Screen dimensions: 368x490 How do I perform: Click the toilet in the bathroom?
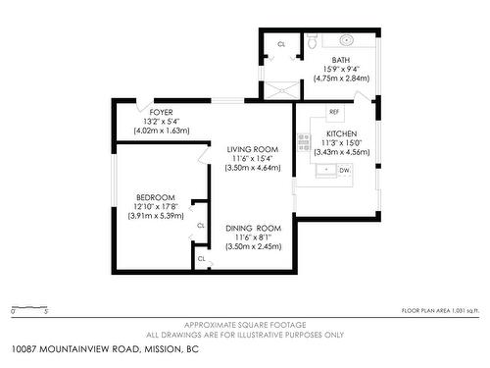(312, 42)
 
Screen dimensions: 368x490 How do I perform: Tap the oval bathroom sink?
(348, 41)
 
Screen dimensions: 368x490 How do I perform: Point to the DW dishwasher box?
(343, 170)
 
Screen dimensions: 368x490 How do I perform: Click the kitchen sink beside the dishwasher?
(324, 170)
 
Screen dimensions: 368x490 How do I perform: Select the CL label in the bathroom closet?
(282, 44)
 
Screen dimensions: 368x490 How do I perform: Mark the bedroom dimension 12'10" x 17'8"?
(155, 206)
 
